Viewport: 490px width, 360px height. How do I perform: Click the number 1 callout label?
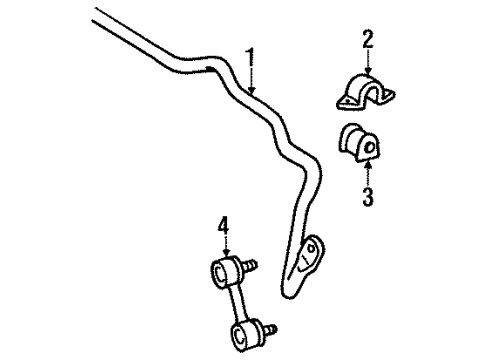click(251, 56)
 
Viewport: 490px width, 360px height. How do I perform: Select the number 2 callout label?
click(367, 39)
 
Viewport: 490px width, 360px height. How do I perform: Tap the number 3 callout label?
click(368, 198)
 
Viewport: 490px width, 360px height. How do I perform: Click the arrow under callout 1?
click(251, 80)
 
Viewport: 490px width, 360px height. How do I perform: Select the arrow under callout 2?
click(367, 62)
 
